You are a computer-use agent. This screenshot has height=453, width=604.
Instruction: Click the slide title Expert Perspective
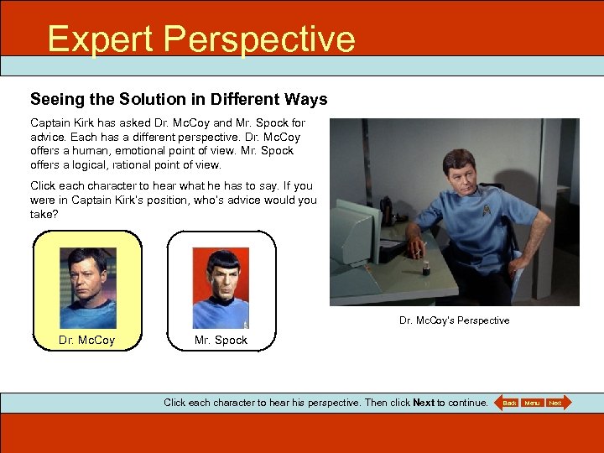click(201, 39)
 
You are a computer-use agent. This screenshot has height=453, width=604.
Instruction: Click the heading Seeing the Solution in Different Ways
click(179, 99)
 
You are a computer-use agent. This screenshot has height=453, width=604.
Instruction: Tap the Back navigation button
click(509, 403)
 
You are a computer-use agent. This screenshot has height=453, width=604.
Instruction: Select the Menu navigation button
click(532, 403)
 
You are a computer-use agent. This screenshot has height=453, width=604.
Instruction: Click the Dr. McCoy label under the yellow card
click(87, 340)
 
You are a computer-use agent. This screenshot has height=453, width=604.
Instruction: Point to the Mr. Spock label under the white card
click(221, 340)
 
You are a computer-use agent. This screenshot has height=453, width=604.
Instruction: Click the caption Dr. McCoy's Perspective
click(454, 320)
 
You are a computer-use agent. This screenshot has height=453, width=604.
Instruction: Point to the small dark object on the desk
click(425, 268)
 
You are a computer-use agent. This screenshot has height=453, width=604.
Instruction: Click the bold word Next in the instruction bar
click(424, 403)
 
